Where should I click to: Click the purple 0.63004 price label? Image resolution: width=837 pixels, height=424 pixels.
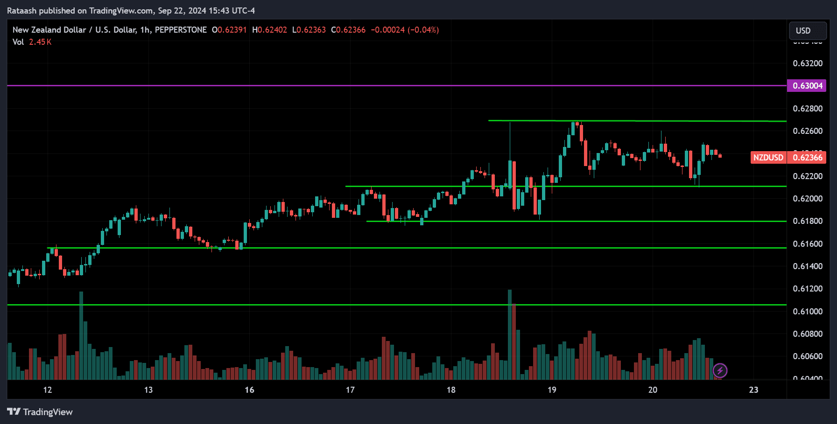pos(807,86)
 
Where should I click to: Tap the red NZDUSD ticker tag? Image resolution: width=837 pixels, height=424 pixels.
pos(768,158)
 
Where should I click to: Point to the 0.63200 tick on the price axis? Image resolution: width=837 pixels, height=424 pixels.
pos(808,63)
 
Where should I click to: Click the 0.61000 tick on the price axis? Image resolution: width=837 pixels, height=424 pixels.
pos(808,312)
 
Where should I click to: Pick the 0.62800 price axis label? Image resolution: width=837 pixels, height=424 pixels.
pos(808,109)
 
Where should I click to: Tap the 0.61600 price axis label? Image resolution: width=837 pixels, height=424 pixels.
pos(808,244)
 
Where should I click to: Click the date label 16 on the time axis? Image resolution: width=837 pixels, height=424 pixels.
pos(249,390)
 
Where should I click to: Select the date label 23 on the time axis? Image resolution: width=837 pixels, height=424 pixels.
pos(753,390)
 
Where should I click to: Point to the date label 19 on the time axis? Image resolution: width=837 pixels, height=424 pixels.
pos(552,390)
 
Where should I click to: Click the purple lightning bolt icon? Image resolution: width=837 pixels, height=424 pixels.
pos(720,371)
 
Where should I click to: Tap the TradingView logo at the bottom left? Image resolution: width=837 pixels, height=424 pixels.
pos(40,412)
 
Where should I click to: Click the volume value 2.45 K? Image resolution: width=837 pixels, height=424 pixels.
pos(40,42)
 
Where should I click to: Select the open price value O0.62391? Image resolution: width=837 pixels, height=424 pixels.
pos(229,30)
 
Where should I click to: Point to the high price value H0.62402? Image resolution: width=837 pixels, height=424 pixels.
pos(270,30)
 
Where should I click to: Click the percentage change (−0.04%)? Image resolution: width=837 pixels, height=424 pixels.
pos(423,30)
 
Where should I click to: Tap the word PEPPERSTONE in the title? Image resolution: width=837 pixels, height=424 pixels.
pos(181,30)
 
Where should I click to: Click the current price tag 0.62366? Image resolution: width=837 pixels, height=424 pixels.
pos(807,158)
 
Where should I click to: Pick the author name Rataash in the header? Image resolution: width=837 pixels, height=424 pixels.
pos(22,11)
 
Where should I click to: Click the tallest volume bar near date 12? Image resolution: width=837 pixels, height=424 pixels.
pos(81,336)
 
